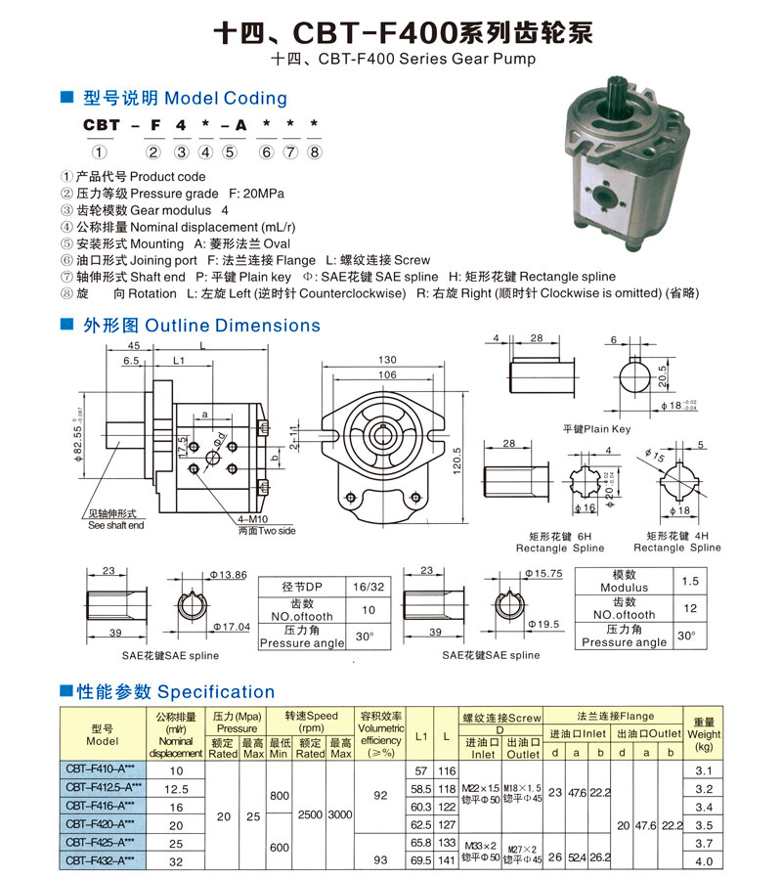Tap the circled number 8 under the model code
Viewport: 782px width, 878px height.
[x=314, y=151]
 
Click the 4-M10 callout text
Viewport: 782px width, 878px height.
[x=253, y=520]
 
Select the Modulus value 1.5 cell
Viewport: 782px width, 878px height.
[x=689, y=581]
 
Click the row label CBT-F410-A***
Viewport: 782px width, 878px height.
[x=102, y=770]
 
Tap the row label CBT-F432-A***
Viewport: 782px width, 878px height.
[x=102, y=860]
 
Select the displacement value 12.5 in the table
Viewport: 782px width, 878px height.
[x=176, y=788]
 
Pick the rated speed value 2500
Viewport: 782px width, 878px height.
[x=309, y=814]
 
